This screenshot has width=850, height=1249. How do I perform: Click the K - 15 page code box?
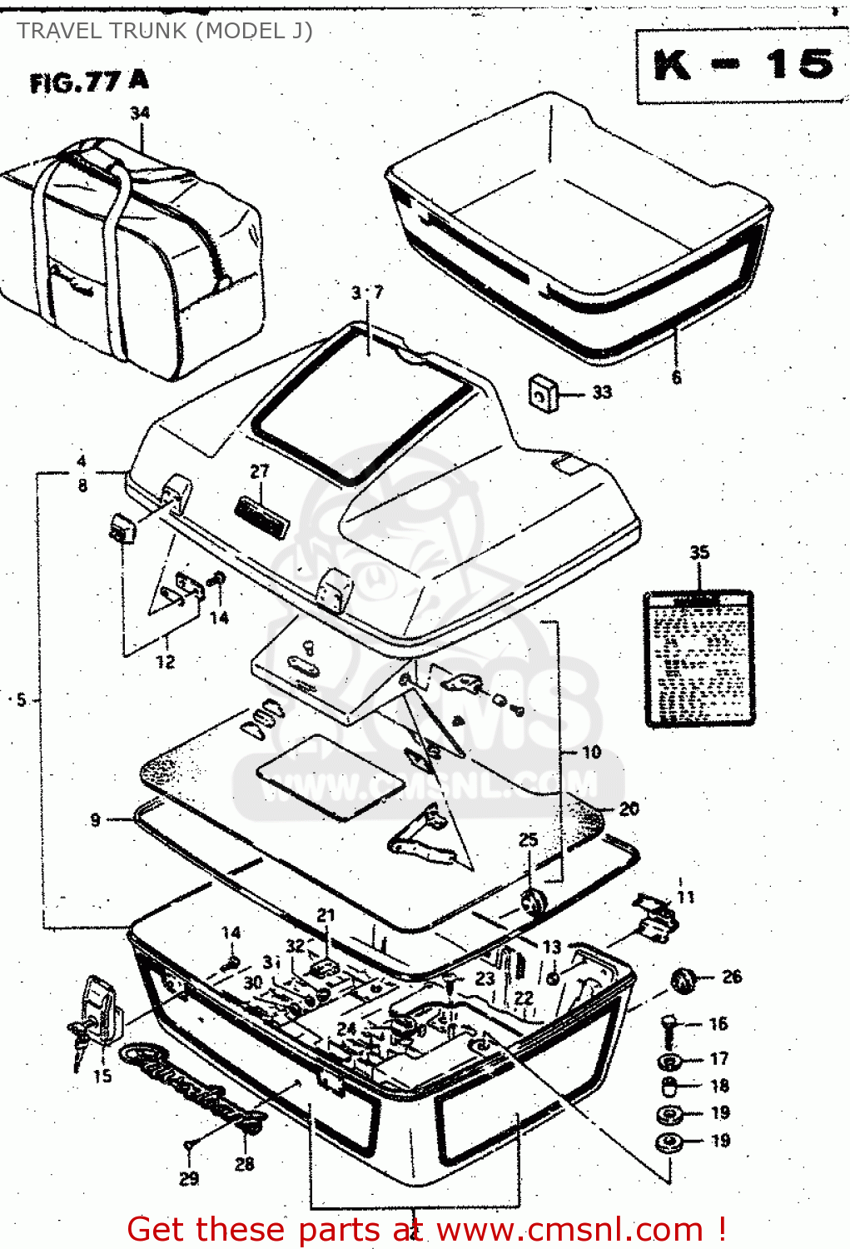pos(742,66)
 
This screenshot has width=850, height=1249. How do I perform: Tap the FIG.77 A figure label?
pos(89,82)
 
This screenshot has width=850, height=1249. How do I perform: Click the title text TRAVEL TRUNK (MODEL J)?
pos(165,31)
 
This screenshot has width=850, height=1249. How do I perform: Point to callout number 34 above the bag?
pos(140,112)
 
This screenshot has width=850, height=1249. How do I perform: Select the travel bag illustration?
pos(133,258)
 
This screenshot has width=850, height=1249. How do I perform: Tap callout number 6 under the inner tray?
pos(677,377)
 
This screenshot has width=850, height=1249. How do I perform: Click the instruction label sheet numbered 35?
pos(699,658)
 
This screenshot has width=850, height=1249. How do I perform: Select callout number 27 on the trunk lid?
pos(260,471)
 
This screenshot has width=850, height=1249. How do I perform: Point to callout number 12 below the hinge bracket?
pos(166,662)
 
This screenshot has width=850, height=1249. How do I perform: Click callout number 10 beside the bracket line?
pos(591,752)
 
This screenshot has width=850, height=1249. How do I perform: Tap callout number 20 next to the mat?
pos(629,809)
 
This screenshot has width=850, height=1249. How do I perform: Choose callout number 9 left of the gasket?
pos(96,820)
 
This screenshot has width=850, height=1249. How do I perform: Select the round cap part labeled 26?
pos(683,981)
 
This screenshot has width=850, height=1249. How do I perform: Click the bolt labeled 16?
pos(669,1028)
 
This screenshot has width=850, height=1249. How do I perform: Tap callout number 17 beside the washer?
pos(719,1059)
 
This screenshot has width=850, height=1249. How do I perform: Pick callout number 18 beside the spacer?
pos(719,1086)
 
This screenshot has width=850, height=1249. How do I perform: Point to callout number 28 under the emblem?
pos(244,1164)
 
